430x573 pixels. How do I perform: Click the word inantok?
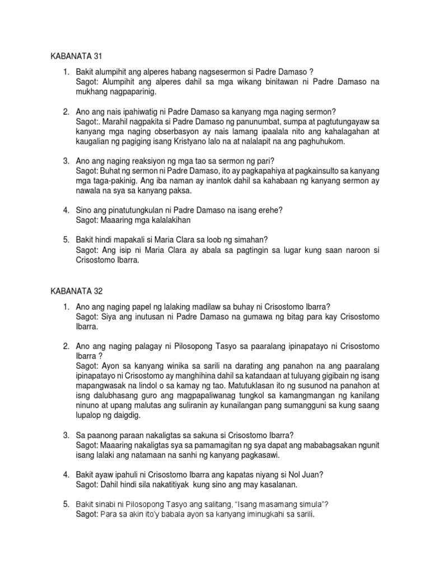[x=205, y=181]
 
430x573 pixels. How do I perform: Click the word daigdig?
[x=126, y=416]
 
